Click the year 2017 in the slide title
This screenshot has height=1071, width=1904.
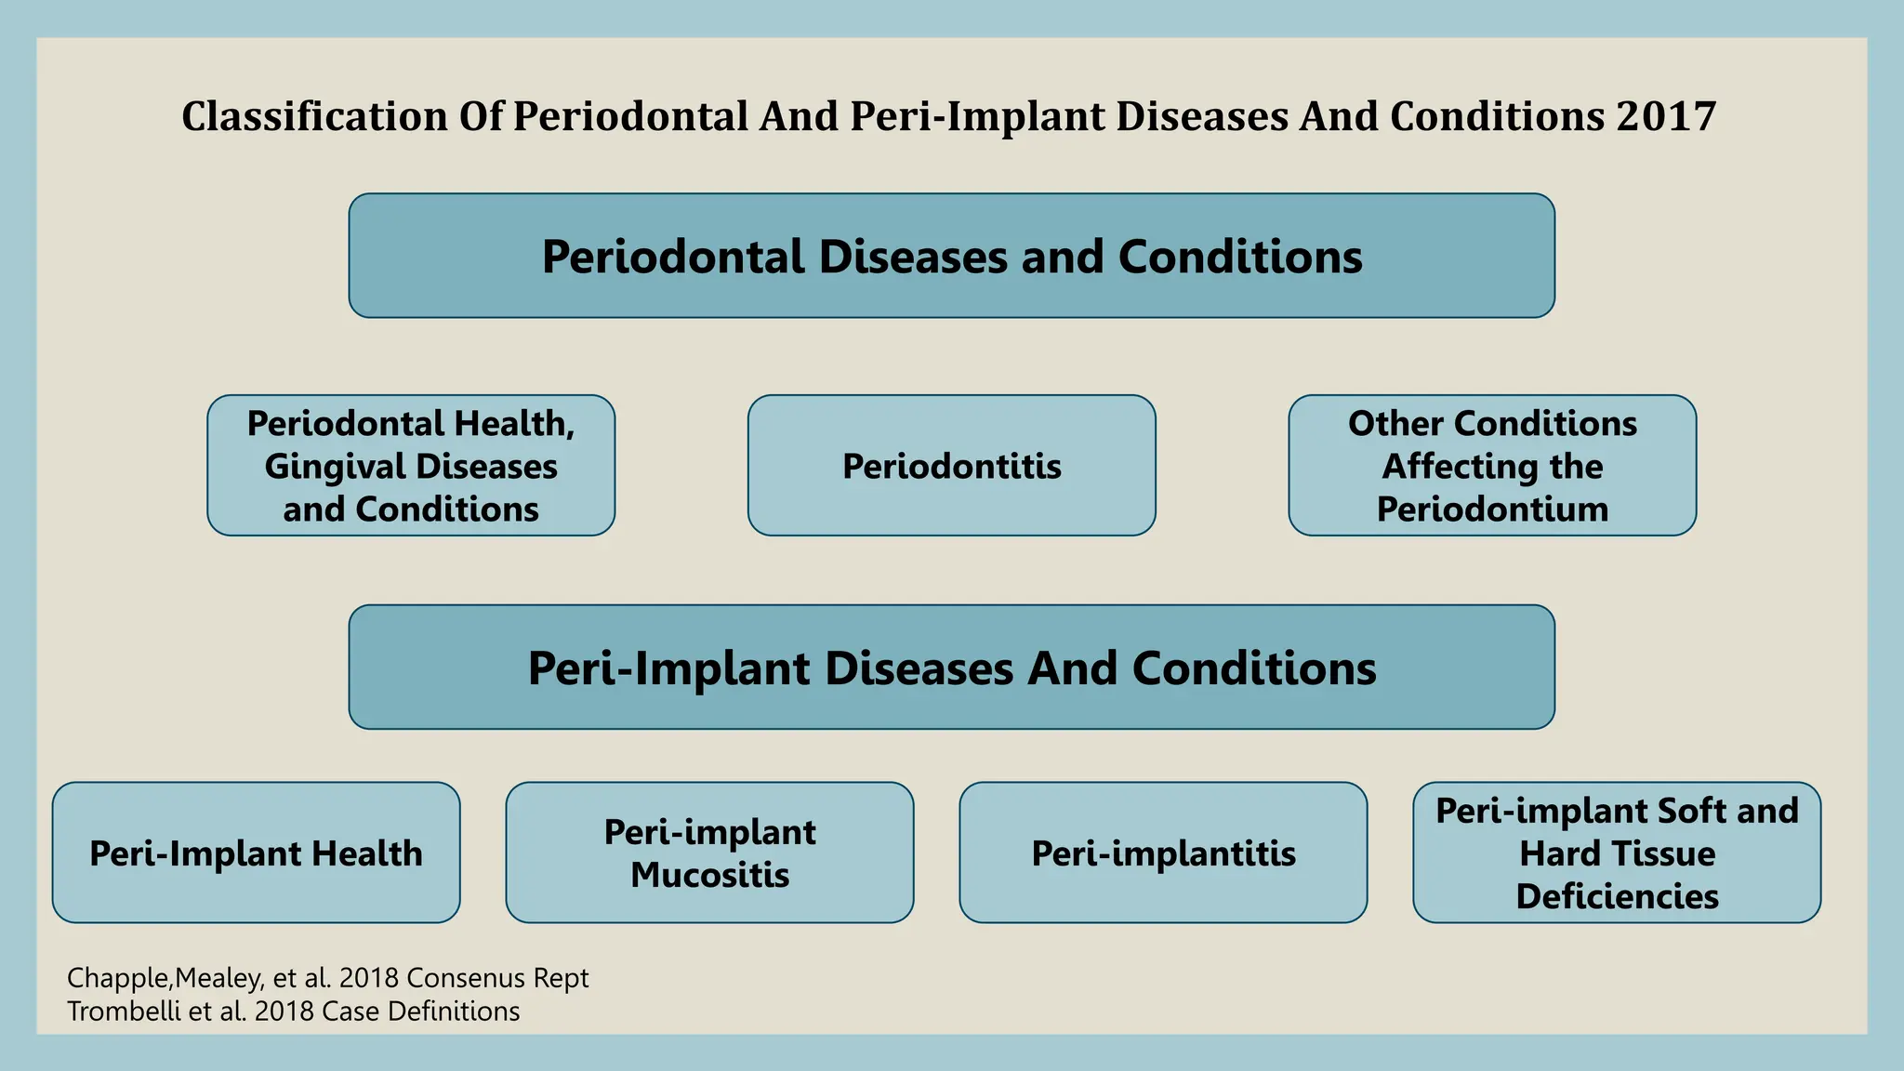[1665, 117]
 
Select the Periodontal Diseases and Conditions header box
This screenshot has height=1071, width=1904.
[951, 256]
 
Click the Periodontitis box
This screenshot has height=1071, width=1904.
[951, 466]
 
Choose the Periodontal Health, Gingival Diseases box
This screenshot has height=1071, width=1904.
[411, 466]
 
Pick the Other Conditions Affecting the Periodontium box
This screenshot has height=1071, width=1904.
[1492, 466]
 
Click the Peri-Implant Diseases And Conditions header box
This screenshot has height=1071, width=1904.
[951, 668]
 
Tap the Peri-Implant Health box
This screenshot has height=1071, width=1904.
[256, 853]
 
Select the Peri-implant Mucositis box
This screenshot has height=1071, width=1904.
[709, 853]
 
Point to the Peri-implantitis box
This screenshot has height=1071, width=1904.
[1163, 853]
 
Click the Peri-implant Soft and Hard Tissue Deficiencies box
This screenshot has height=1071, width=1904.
[1617, 853]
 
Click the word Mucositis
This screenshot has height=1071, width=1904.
[709, 875]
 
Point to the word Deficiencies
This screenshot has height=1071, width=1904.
[1617, 896]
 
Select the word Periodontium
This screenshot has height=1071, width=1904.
[1492, 509]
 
